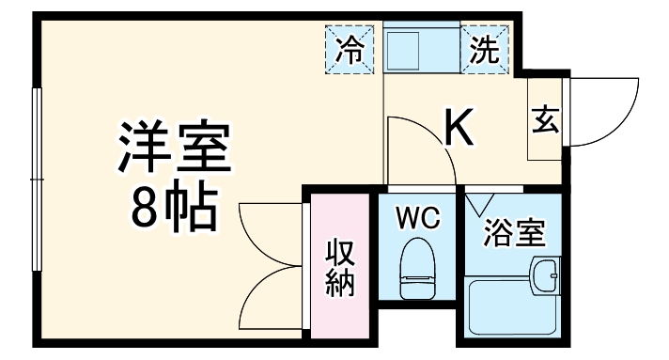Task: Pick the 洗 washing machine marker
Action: tap(485, 49)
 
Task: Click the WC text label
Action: tap(416, 219)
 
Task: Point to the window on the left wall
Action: tap(38, 179)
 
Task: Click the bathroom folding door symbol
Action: tap(482, 202)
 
